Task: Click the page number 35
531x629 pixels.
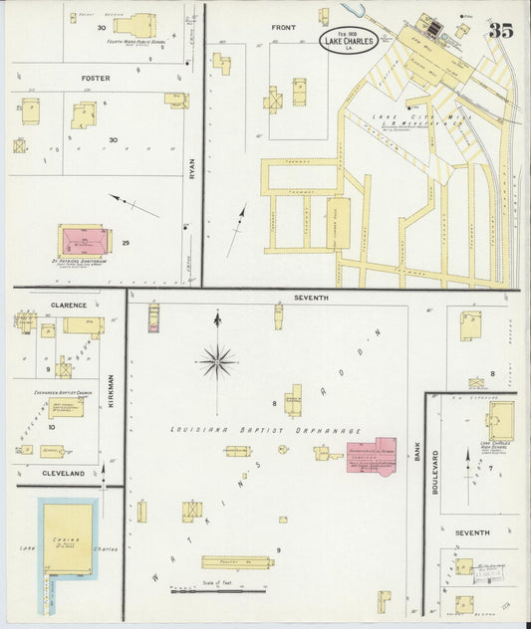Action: pyautogui.click(x=500, y=29)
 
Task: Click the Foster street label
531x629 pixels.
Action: pyautogui.click(x=96, y=78)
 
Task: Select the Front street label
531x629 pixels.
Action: pyautogui.click(x=284, y=27)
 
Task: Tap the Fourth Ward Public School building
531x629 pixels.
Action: pyautogui.click(x=133, y=25)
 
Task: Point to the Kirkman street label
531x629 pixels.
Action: pyautogui.click(x=112, y=391)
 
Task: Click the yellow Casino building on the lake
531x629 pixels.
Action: pyautogui.click(x=69, y=538)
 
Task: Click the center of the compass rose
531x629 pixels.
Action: pyautogui.click(x=217, y=361)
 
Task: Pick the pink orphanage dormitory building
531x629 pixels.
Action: pyautogui.click(x=370, y=453)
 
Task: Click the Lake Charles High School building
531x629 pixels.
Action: pyautogui.click(x=499, y=420)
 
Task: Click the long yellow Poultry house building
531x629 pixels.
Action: pyautogui.click(x=236, y=562)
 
